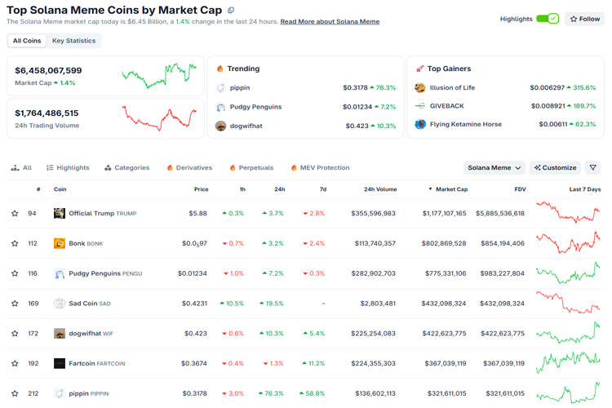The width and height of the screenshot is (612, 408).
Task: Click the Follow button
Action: tap(584, 19)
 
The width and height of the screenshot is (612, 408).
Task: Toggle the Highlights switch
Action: tap(548, 19)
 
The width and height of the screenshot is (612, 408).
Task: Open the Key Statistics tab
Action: tap(73, 40)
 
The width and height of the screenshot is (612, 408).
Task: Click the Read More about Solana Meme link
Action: tap(330, 22)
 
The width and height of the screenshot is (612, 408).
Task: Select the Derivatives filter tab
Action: tap(189, 167)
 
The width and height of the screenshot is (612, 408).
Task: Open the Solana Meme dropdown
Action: tap(494, 167)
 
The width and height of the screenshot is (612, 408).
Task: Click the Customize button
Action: tap(555, 167)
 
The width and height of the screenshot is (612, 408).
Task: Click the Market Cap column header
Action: tap(450, 189)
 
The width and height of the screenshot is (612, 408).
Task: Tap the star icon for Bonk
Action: tap(15, 243)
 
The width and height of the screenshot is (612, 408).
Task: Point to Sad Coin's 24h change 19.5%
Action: tap(273, 303)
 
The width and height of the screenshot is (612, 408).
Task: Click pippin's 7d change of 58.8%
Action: tap(313, 393)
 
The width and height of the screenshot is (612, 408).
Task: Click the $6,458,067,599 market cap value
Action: tap(48, 71)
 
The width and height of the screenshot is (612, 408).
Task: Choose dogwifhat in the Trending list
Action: tap(246, 126)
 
